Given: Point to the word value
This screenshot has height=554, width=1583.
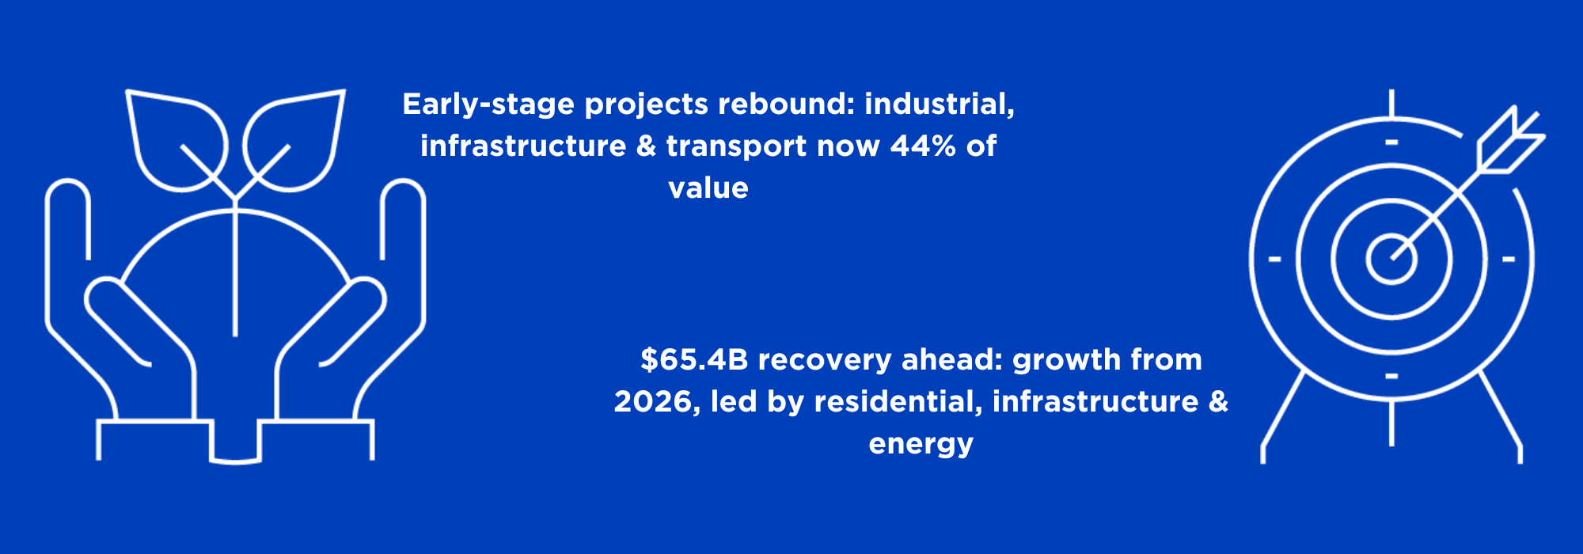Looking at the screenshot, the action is coord(708,188).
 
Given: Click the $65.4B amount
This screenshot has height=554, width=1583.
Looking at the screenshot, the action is coord(694,360).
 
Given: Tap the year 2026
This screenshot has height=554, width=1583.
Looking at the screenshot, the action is coord(654,402).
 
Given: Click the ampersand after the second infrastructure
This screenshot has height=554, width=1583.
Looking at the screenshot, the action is coord(1219,401).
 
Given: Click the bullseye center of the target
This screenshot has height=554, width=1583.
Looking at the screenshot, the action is coord(1391,258).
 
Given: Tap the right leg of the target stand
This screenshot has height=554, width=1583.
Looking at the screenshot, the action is coord(1501,417).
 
